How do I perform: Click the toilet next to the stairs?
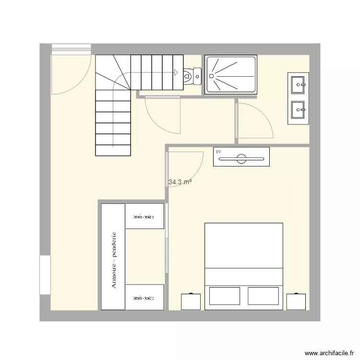(193, 76)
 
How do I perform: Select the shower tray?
(231, 74)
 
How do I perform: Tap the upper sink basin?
(298, 84)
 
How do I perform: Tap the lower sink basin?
(298, 110)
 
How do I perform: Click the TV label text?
(219, 152)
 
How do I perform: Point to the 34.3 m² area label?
(180, 182)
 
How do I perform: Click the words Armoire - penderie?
(114, 261)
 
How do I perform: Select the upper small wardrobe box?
(144, 216)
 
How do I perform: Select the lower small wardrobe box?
(144, 297)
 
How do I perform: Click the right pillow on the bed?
(264, 296)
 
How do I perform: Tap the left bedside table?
(191, 301)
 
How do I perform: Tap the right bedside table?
(296, 301)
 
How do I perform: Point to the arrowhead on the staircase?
(176, 72)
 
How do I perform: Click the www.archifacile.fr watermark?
(329, 352)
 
